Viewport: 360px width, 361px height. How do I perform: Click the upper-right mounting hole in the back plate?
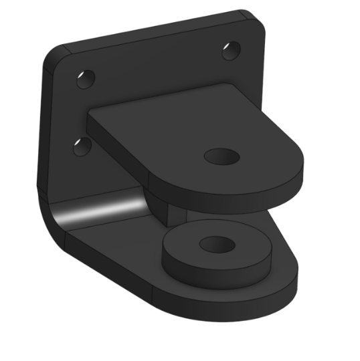tap(232, 50)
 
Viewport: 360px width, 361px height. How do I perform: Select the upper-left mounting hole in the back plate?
tap(85, 79)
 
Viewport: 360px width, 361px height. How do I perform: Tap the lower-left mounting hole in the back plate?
tap(82, 145)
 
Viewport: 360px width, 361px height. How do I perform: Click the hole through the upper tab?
tap(221, 157)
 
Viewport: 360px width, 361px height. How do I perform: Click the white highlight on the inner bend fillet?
tap(100, 212)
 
